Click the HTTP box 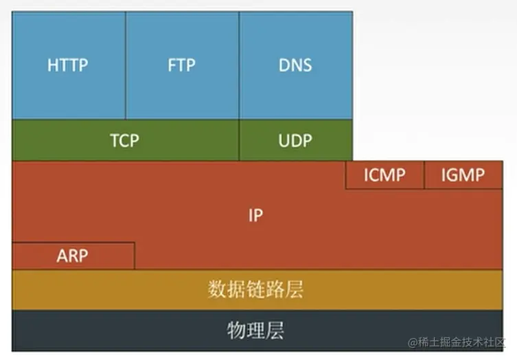point(69,65)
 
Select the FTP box point(182,65)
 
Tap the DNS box point(296,65)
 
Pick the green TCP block point(125,140)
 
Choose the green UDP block point(296,140)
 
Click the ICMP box point(384,175)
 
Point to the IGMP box point(463,175)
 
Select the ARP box point(73,256)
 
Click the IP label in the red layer point(256,215)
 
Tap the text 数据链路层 point(255,289)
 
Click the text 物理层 point(255,330)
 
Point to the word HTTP point(68,66)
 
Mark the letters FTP point(182,66)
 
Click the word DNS point(296,66)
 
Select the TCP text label point(124,141)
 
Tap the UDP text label point(295,141)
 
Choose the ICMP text point(384,175)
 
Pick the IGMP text point(463,175)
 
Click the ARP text point(73,256)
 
